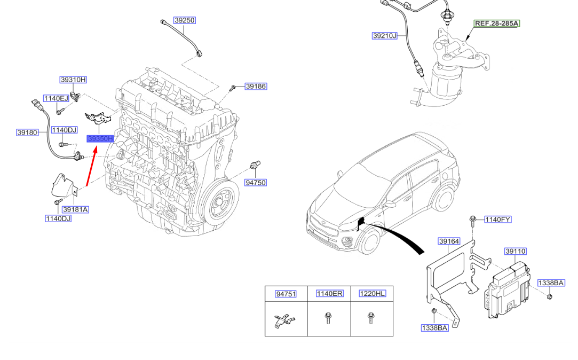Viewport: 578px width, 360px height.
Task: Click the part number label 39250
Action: pyautogui.click(x=185, y=20)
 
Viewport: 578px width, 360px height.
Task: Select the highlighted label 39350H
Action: pyautogui.click(x=101, y=139)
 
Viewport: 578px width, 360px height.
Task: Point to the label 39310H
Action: pyautogui.click(x=73, y=80)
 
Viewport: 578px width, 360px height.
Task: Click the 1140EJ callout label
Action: pyautogui.click(x=56, y=98)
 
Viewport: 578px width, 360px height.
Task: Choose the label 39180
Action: pyautogui.click(x=27, y=132)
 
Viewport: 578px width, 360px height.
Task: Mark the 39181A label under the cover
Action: pyautogui.click(x=75, y=209)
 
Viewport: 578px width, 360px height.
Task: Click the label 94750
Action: pyautogui.click(x=255, y=183)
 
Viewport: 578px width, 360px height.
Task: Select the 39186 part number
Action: pyautogui.click(x=256, y=86)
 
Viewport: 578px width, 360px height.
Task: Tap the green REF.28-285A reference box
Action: pyautogui.click(x=497, y=24)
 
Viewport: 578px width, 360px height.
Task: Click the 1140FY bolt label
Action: pyautogui.click(x=497, y=219)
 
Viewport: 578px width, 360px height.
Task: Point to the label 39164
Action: pyautogui.click(x=449, y=241)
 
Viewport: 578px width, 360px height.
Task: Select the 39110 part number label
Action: pyautogui.click(x=516, y=251)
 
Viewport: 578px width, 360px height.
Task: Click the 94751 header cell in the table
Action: pyautogui.click(x=286, y=294)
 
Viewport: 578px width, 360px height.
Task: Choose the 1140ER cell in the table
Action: pyautogui.click(x=329, y=294)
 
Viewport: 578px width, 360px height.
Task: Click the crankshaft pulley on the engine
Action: pyautogui.click(x=220, y=205)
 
